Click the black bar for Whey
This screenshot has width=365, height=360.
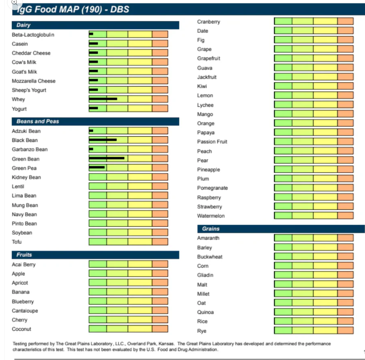[103, 99]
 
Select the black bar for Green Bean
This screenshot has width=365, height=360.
[107, 158]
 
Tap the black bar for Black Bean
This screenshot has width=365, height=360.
[103, 140]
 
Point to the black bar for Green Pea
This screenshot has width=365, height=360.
[97, 167]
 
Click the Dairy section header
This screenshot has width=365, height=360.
[23, 25]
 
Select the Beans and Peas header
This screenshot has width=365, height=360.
[38, 121]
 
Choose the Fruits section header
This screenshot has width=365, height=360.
[24, 255]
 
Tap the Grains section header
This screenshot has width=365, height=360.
[211, 229]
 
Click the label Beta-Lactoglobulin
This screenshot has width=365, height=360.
[33, 35]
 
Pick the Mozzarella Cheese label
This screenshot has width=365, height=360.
[34, 81]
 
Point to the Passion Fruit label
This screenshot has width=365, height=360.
[212, 142]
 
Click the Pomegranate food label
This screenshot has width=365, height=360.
[212, 188]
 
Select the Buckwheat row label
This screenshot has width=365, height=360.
[210, 257]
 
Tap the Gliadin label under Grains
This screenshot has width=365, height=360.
[205, 275]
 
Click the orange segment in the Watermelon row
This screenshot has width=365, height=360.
[345, 215]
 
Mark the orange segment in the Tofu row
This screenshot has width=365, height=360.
[160, 242]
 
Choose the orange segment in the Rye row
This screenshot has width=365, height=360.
[345, 330]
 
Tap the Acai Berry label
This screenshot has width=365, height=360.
[24, 265]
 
